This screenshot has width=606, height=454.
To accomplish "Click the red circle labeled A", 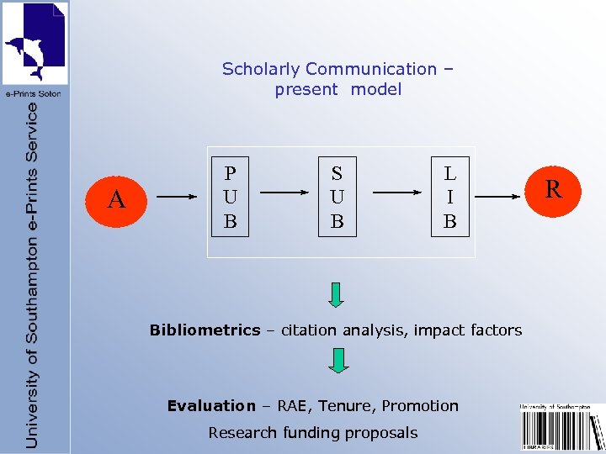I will [117, 199].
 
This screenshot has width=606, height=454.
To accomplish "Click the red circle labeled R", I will [553, 189].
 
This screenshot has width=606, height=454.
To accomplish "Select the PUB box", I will [230, 198].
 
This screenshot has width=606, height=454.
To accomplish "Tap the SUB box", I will [337, 198].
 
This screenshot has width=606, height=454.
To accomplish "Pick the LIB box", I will [449, 198].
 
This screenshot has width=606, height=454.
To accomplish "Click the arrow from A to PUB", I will [177, 198].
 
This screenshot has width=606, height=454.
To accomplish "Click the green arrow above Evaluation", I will [337, 360].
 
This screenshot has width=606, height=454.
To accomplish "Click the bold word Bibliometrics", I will [205, 330].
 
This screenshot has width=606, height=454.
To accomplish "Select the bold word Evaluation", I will [210, 406].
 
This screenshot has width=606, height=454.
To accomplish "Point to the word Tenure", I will [348, 406].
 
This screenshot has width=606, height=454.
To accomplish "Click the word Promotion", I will [420, 406].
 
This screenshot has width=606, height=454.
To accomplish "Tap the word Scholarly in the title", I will [261, 69].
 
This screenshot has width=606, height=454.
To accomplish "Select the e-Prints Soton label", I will [33, 94].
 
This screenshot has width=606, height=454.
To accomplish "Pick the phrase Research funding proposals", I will [312, 433].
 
